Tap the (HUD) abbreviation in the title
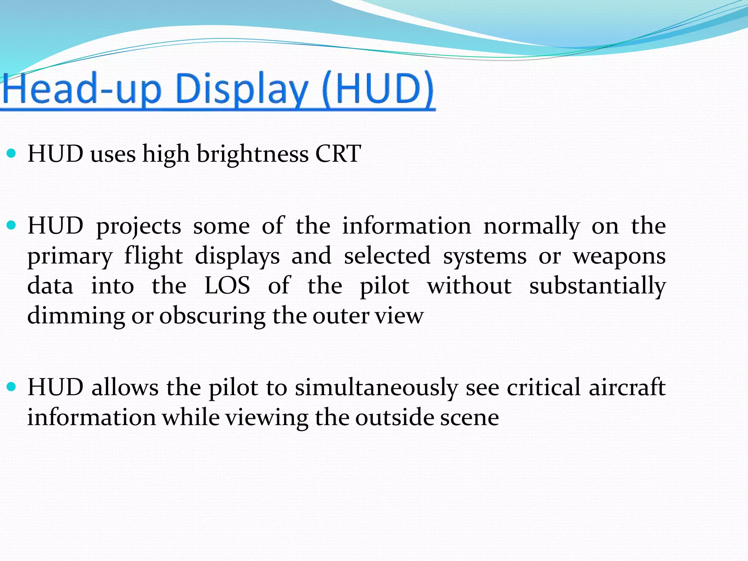coord(378,89)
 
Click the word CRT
coord(338,154)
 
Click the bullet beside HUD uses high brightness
coord(12,153)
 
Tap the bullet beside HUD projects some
coord(12,225)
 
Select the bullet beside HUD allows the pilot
coord(12,387)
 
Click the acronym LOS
coord(227,286)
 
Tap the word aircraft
coord(627,387)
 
